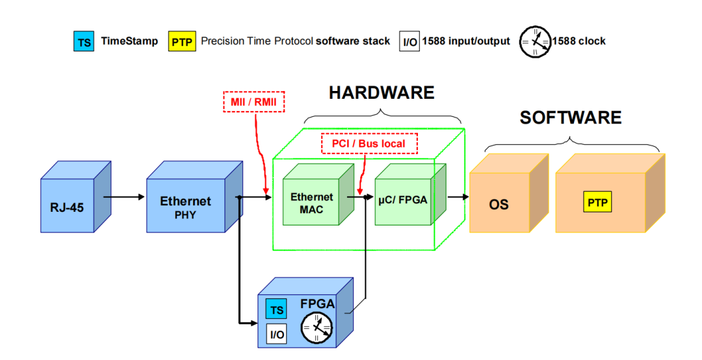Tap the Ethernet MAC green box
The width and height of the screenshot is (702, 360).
311,202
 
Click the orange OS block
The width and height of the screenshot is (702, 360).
499,204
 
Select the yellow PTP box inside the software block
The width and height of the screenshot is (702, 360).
597,203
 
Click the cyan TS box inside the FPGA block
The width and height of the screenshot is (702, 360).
277,310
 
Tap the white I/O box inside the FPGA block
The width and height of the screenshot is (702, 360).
277,334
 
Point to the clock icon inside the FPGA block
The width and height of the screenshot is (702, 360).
317,328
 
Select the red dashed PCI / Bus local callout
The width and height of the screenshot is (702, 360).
369,144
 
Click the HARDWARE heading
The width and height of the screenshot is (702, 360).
381,93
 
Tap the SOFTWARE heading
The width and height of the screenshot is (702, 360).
570,118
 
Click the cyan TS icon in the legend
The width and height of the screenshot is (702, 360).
84,42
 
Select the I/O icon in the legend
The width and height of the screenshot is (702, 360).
409,42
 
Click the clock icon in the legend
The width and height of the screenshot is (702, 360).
534,42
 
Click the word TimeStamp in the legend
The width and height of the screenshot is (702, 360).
129,41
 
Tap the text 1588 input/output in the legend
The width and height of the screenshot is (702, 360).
466,41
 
